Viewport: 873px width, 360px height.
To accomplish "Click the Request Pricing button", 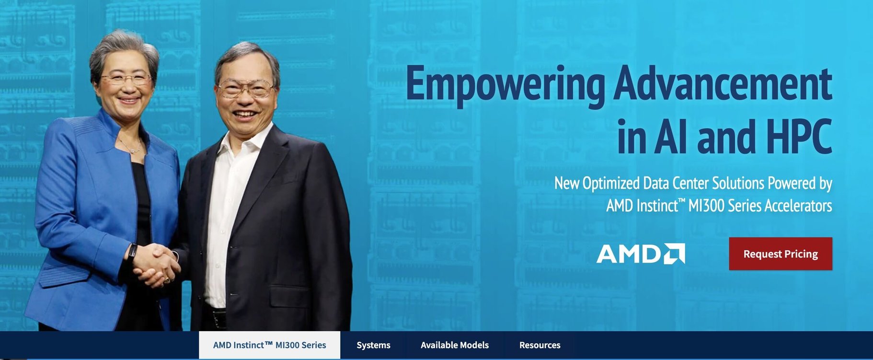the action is point(781,254).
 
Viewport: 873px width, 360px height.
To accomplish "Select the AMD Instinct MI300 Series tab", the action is point(269,345).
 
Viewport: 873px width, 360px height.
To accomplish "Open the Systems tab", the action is point(373,345).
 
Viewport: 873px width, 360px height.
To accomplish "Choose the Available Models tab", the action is point(455,345).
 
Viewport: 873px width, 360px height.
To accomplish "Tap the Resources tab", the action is point(540,345).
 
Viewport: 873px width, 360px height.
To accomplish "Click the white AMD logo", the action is point(641,254).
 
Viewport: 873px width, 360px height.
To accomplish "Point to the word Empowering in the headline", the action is point(505,84).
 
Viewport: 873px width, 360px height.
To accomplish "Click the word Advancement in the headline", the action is point(723,83).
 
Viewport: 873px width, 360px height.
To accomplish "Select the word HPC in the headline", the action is point(799,137).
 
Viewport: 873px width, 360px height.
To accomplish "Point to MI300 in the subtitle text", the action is point(705,206).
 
